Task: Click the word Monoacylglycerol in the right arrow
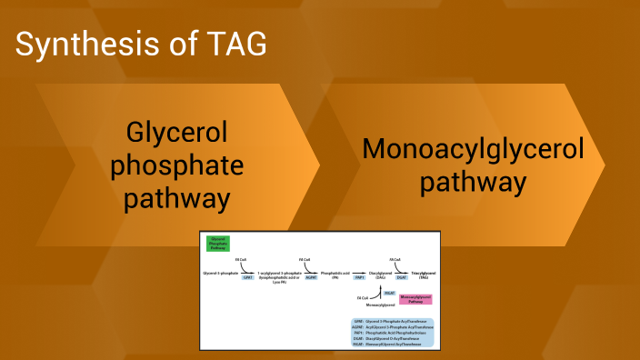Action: coord(473,149)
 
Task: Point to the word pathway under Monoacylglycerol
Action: coord(473,181)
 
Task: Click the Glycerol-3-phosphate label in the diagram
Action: coord(219,273)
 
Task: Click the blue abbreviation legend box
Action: coord(391,333)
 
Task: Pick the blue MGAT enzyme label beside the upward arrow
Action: coord(388,293)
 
